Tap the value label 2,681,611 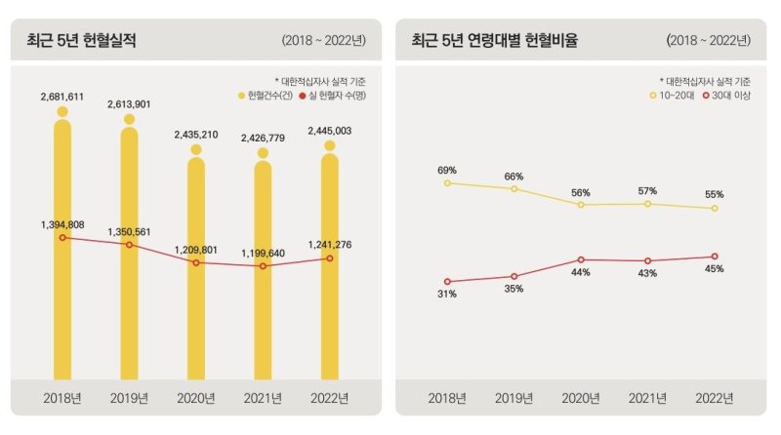[x=62, y=97]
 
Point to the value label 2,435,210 [x=196, y=135]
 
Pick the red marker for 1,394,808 [x=62, y=237]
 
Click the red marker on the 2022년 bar [x=330, y=258]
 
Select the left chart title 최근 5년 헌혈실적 [x=82, y=41]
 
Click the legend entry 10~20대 [x=674, y=95]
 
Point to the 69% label [x=447, y=171]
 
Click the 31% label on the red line [x=447, y=294]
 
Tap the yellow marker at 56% [x=581, y=205]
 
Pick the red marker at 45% [x=715, y=257]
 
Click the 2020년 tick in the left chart [x=196, y=398]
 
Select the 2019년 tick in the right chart [x=514, y=398]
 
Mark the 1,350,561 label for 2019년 [x=129, y=232]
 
